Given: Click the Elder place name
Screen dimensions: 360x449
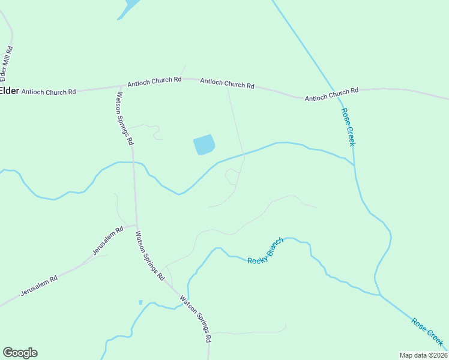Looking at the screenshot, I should click(10, 91).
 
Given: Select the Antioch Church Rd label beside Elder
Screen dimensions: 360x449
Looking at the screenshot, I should click(49, 92).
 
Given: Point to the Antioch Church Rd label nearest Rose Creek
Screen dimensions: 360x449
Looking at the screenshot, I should click(331, 94).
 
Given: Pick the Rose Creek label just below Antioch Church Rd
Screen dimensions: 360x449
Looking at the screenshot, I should click(348, 127).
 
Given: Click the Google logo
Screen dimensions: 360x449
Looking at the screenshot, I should click(20, 353).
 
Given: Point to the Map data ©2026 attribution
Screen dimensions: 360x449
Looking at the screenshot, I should click(423, 355).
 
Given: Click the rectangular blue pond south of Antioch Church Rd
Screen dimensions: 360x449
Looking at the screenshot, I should click(203, 145).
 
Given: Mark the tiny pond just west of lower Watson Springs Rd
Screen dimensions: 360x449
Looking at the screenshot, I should click(140, 302).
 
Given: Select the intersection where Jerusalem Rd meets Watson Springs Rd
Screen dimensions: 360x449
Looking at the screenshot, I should click(136, 226).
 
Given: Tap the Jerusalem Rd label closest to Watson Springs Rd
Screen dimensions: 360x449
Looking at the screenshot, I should click(108, 241).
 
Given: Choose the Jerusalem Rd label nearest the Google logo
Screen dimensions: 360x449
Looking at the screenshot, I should click(39, 285).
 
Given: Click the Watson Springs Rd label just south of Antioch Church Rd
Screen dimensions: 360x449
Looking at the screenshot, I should click(125, 118).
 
